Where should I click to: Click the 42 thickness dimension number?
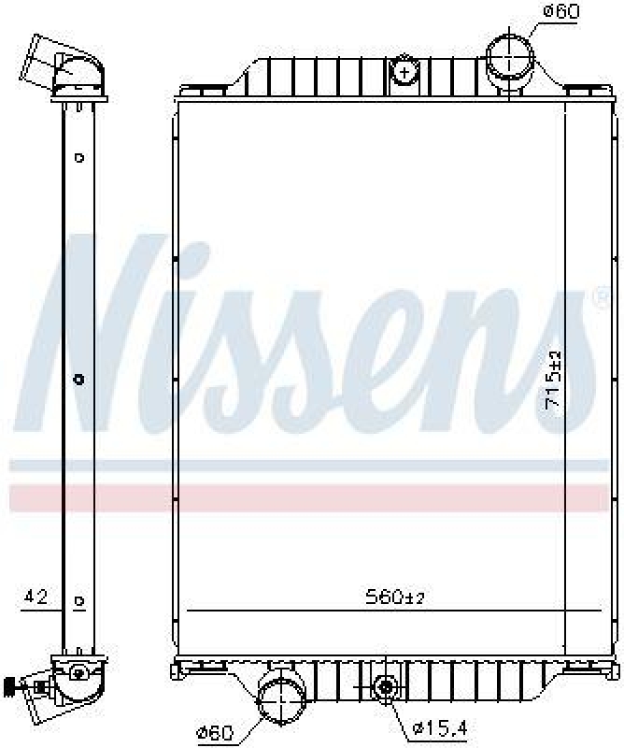[36, 596]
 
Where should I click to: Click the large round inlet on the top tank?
[509, 57]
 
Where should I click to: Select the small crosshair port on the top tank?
[404, 70]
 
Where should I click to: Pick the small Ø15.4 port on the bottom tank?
[384, 688]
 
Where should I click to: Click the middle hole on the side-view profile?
[78, 379]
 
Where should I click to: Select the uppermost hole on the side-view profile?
[79, 157]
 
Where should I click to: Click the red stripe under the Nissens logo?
[308, 496]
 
